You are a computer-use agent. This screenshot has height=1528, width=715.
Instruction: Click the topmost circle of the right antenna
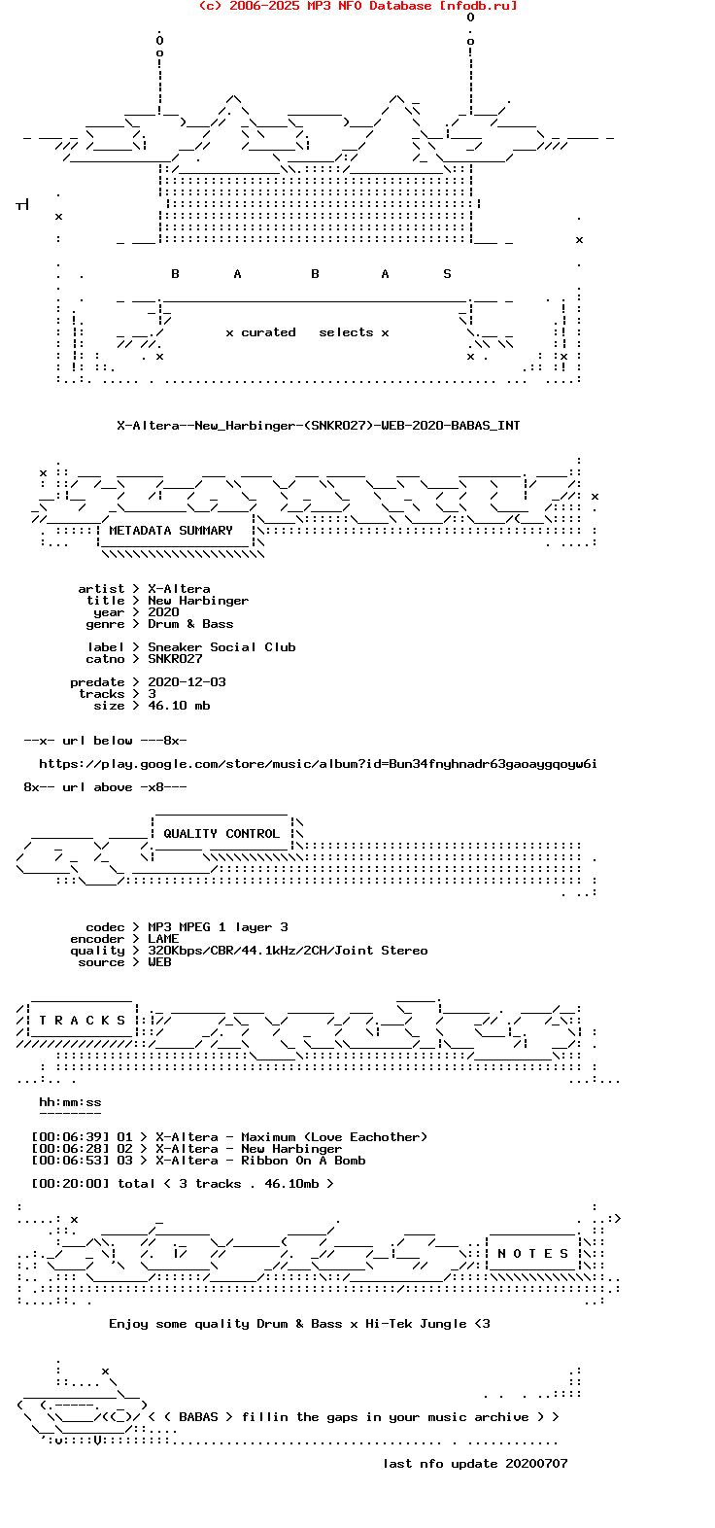(x=470, y=17)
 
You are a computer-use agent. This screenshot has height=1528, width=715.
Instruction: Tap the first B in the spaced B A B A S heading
(x=175, y=274)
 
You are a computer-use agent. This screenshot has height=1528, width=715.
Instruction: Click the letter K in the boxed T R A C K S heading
(x=105, y=1021)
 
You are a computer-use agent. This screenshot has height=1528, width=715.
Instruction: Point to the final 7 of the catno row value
(x=198, y=659)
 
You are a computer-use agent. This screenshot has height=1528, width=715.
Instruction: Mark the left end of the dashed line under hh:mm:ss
(x=40, y=1113)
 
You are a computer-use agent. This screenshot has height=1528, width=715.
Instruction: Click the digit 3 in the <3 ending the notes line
(x=486, y=1324)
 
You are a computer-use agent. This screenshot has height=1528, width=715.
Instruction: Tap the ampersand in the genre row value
(x=190, y=624)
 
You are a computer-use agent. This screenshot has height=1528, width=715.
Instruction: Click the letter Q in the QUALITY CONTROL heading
(x=167, y=834)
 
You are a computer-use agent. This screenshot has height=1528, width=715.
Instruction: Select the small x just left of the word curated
(x=229, y=333)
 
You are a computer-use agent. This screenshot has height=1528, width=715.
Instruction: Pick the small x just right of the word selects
(x=385, y=333)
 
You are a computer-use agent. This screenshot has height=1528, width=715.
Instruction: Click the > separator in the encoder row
(x=136, y=939)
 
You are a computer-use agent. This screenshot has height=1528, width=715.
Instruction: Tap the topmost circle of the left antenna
(x=159, y=41)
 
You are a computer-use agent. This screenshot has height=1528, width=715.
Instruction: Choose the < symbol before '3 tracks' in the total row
(x=167, y=1184)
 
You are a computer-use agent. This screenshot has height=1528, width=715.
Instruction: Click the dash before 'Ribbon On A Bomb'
(x=229, y=1161)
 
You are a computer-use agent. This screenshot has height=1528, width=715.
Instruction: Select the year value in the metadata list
(x=163, y=612)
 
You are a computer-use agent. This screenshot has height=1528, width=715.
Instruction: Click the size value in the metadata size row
(x=180, y=706)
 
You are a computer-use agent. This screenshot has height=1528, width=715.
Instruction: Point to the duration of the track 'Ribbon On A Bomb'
(x=70, y=1161)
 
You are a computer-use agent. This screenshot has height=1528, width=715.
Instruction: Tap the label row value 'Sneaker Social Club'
(x=222, y=647)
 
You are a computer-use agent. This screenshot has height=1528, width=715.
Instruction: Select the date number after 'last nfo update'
(x=536, y=1464)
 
